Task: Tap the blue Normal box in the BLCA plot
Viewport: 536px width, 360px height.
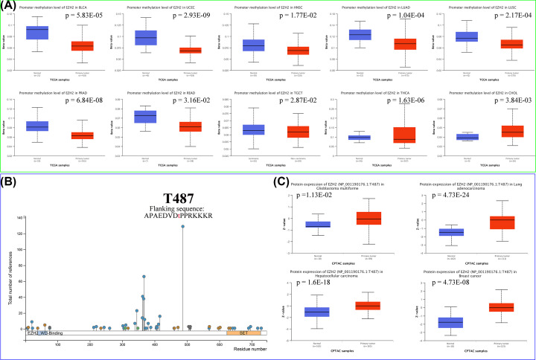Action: pyautogui.click(x=36, y=32)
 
